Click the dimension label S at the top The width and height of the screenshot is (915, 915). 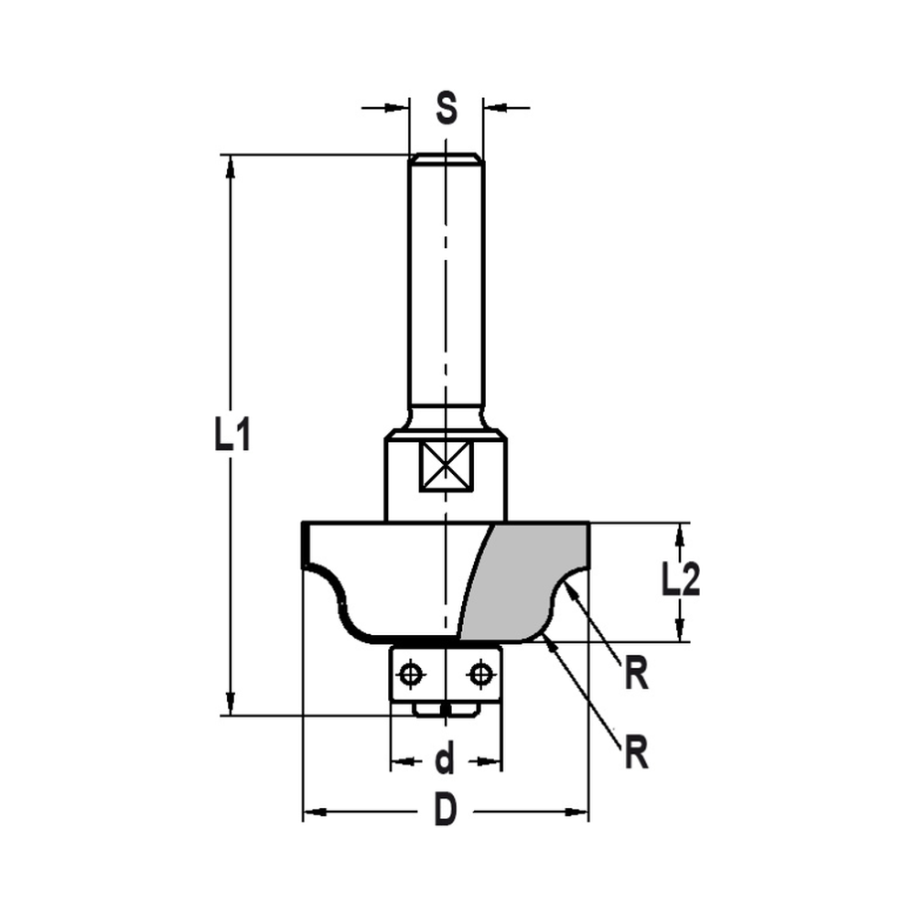tap(445, 108)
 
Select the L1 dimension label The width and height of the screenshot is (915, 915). tap(232, 436)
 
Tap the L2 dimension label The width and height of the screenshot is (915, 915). tap(680, 580)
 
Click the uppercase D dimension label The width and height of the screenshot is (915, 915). tap(445, 812)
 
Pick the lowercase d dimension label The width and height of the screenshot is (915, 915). tap(445, 759)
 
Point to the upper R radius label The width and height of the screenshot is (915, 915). tap(637, 675)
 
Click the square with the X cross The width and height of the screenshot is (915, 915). tap(445, 465)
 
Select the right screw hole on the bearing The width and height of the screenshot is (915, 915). tap(479, 675)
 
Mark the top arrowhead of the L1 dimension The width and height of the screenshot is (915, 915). tap(231, 165)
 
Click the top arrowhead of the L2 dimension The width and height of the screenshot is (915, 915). tap(680, 533)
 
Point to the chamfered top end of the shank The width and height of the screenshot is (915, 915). tap(445, 159)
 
